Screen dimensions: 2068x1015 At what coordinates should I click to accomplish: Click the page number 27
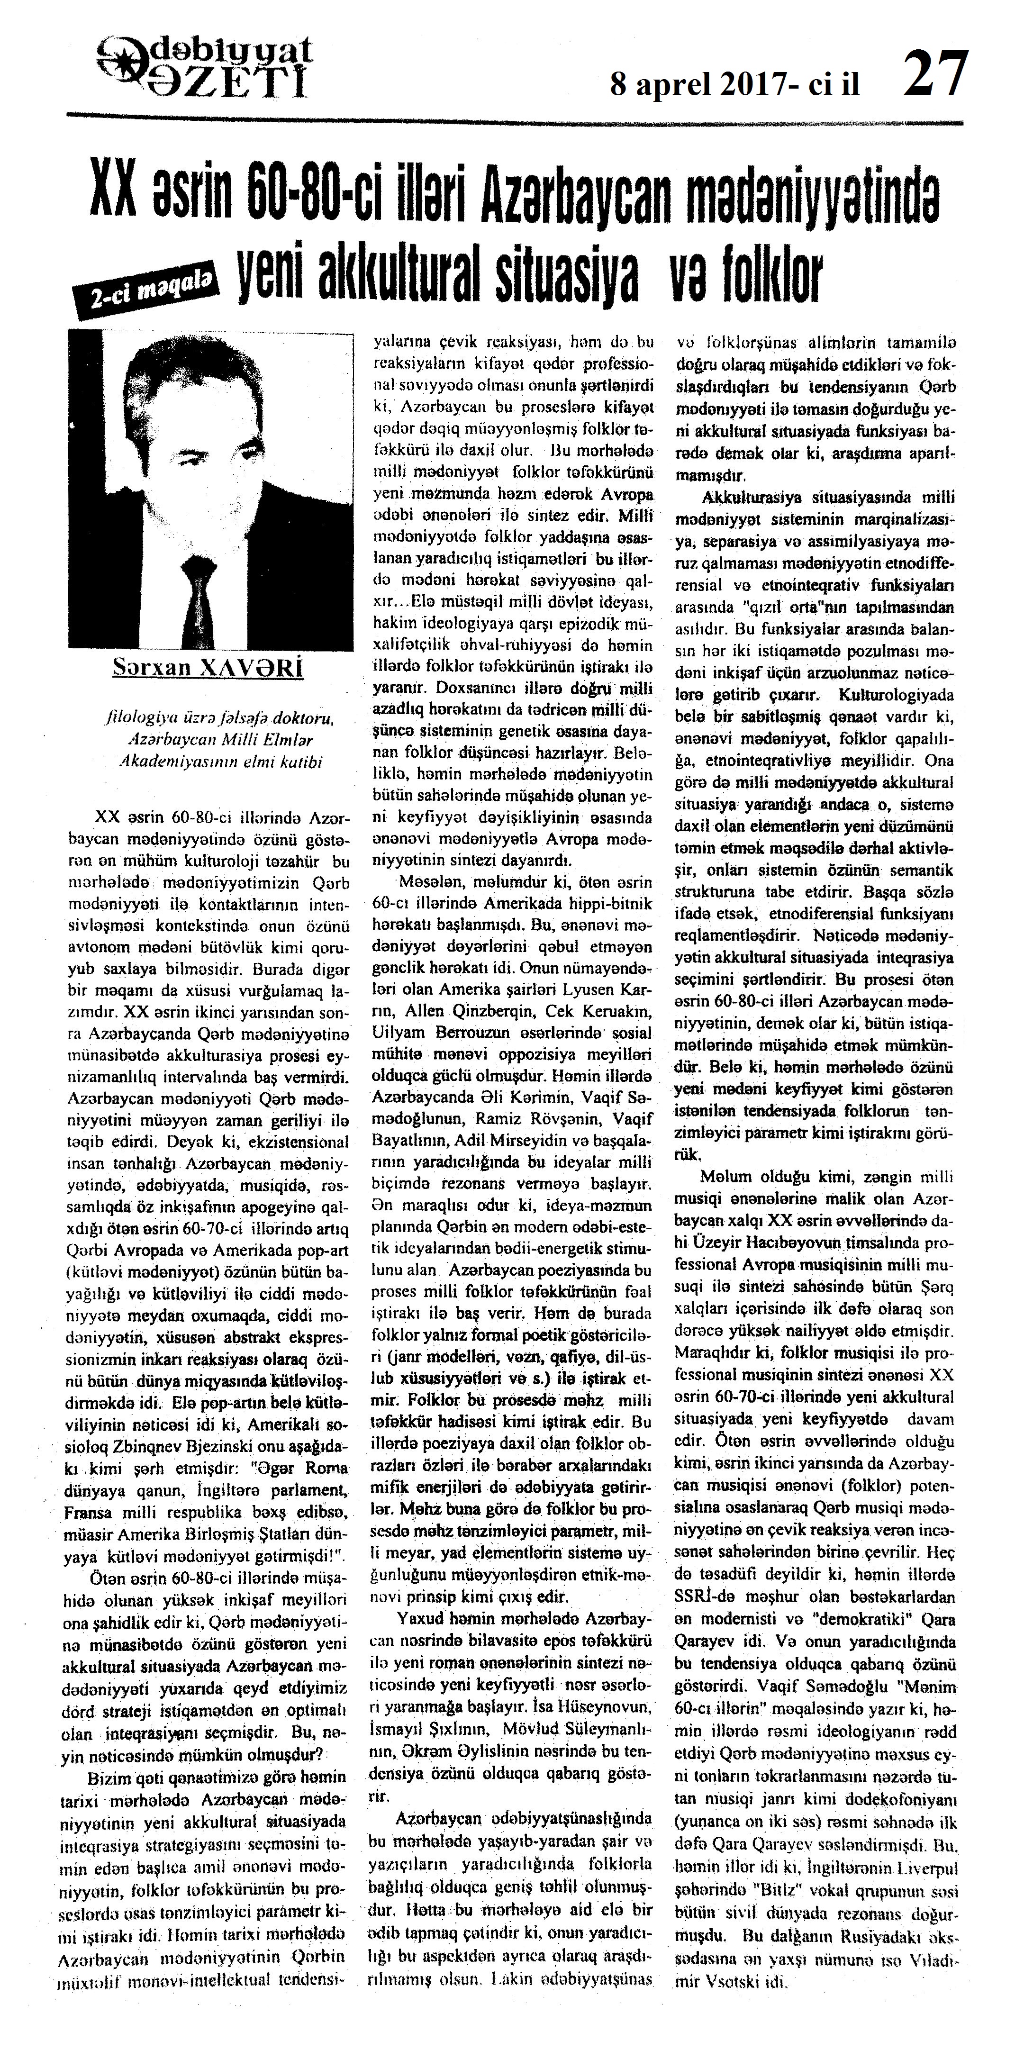935,74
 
